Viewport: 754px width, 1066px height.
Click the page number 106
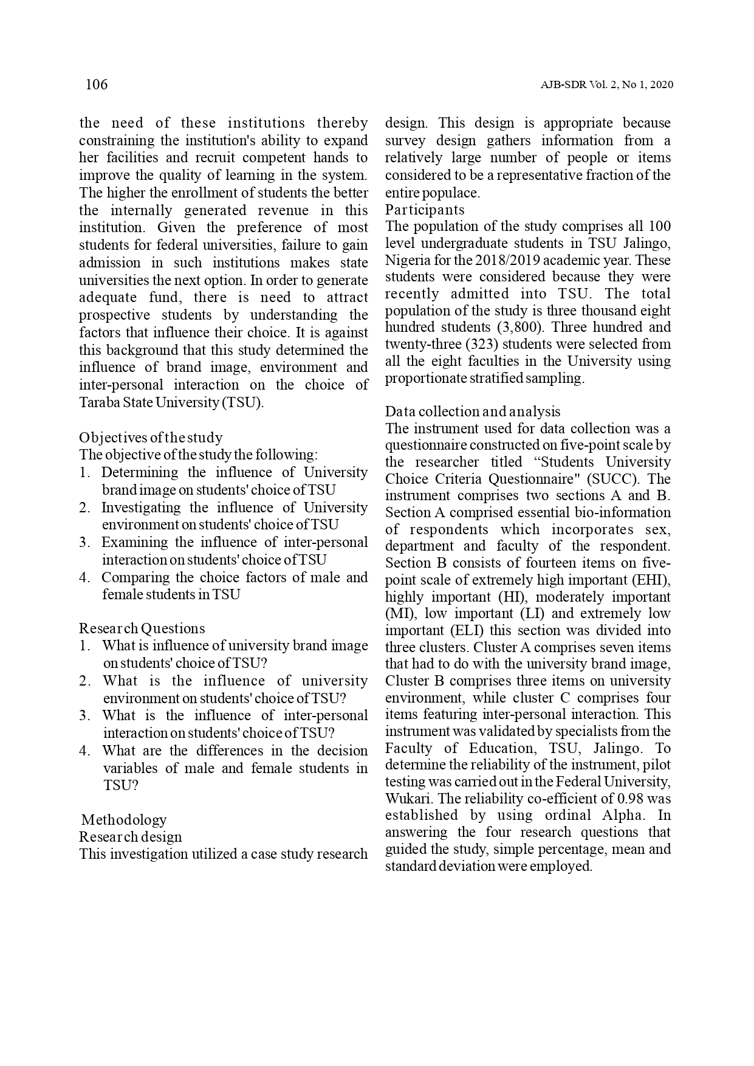97,84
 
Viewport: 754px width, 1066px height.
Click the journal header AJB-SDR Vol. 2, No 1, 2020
606,85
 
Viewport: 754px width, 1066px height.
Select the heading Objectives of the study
151,438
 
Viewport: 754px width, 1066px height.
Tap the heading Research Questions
142,628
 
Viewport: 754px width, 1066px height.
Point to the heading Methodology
124,820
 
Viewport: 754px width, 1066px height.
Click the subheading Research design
131,837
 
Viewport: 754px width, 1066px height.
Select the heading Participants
425,210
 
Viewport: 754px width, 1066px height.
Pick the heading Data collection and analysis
473,412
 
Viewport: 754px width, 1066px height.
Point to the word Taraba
99,403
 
